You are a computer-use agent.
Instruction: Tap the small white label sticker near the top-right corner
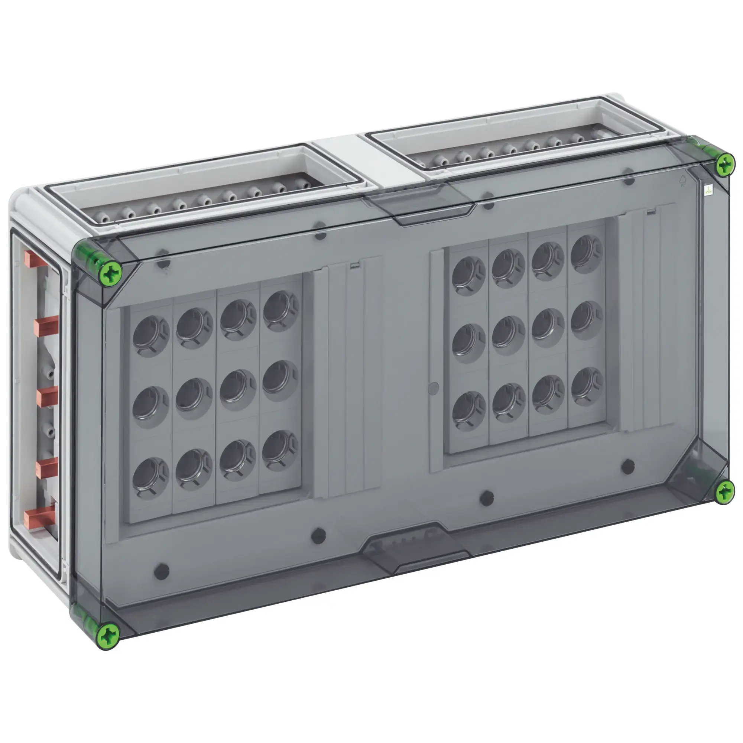pyautogui.click(x=708, y=190)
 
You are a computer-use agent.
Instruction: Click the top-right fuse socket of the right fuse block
pyautogui.click(x=586, y=254)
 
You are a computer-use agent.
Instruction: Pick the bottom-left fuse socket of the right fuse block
pyautogui.click(x=468, y=411)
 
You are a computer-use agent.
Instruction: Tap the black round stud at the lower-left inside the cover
pyautogui.click(x=162, y=571)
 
